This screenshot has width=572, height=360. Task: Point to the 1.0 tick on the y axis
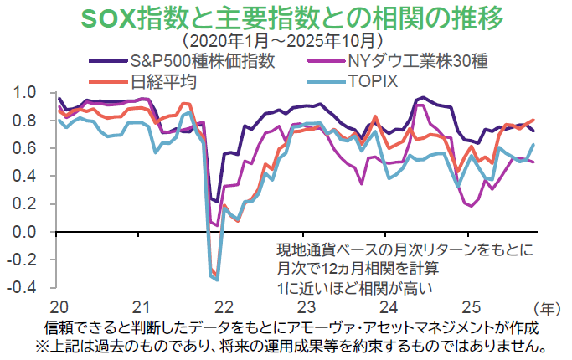(x=26, y=92)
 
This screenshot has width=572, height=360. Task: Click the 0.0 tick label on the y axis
(x=26, y=232)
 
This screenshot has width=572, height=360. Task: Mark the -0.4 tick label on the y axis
(x=23, y=288)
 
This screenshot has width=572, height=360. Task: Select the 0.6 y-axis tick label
(x=26, y=148)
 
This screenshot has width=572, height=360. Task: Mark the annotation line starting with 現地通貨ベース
(x=404, y=249)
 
